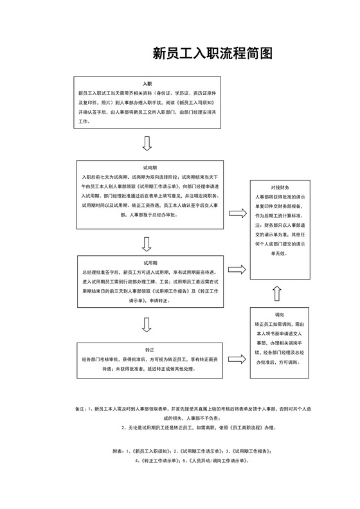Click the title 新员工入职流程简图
(x=213, y=53)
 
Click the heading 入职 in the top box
(x=147, y=84)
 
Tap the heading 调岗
(x=279, y=316)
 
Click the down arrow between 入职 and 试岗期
(x=147, y=143)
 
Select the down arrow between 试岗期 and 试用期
(x=147, y=243)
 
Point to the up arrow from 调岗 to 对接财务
(x=277, y=293)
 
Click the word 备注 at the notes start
(x=80, y=409)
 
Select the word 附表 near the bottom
(x=118, y=451)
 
